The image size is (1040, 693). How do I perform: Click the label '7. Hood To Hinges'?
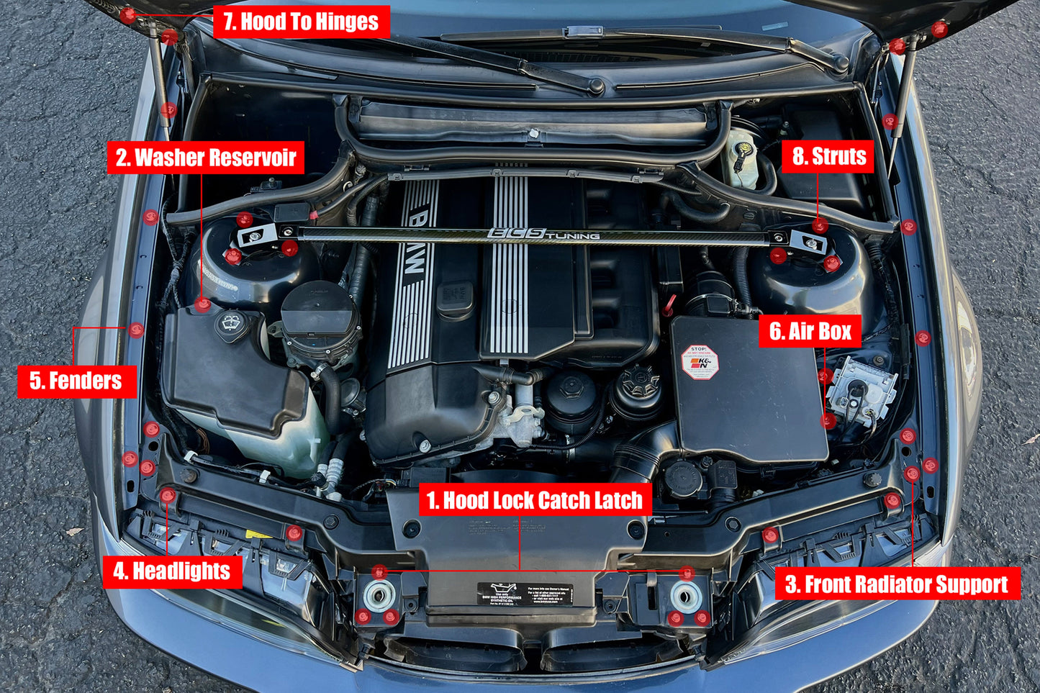(x=301, y=22)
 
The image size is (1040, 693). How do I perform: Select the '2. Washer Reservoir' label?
(x=206, y=157)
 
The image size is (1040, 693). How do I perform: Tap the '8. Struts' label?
(x=828, y=156)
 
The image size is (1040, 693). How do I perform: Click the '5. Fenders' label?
(x=76, y=381)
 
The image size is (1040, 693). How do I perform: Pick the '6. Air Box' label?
(x=810, y=331)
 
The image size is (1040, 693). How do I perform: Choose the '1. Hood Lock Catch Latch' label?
(x=535, y=500)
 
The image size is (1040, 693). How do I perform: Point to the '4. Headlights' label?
(x=172, y=571)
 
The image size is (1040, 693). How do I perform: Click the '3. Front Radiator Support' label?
(x=897, y=584)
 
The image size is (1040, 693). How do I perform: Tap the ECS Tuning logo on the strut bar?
(x=543, y=234)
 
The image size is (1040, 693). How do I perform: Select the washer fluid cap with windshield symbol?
(x=232, y=325)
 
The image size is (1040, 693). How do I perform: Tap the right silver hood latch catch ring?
(x=685, y=596)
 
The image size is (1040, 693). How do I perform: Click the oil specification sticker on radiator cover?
(x=525, y=594)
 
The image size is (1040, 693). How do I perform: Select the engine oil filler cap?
(x=455, y=297)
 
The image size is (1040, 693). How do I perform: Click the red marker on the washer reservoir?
(x=204, y=304)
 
